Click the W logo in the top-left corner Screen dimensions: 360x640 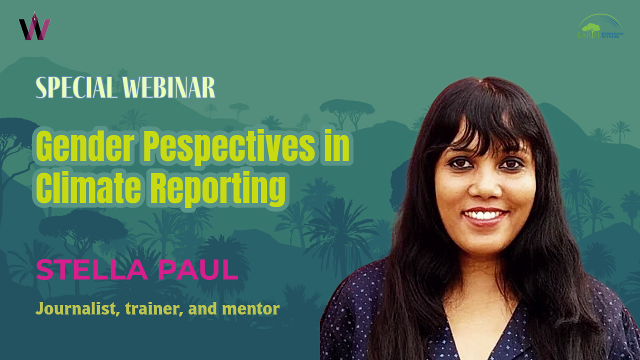(x=34, y=27)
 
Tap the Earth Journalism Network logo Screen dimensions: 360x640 (x=600, y=27)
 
